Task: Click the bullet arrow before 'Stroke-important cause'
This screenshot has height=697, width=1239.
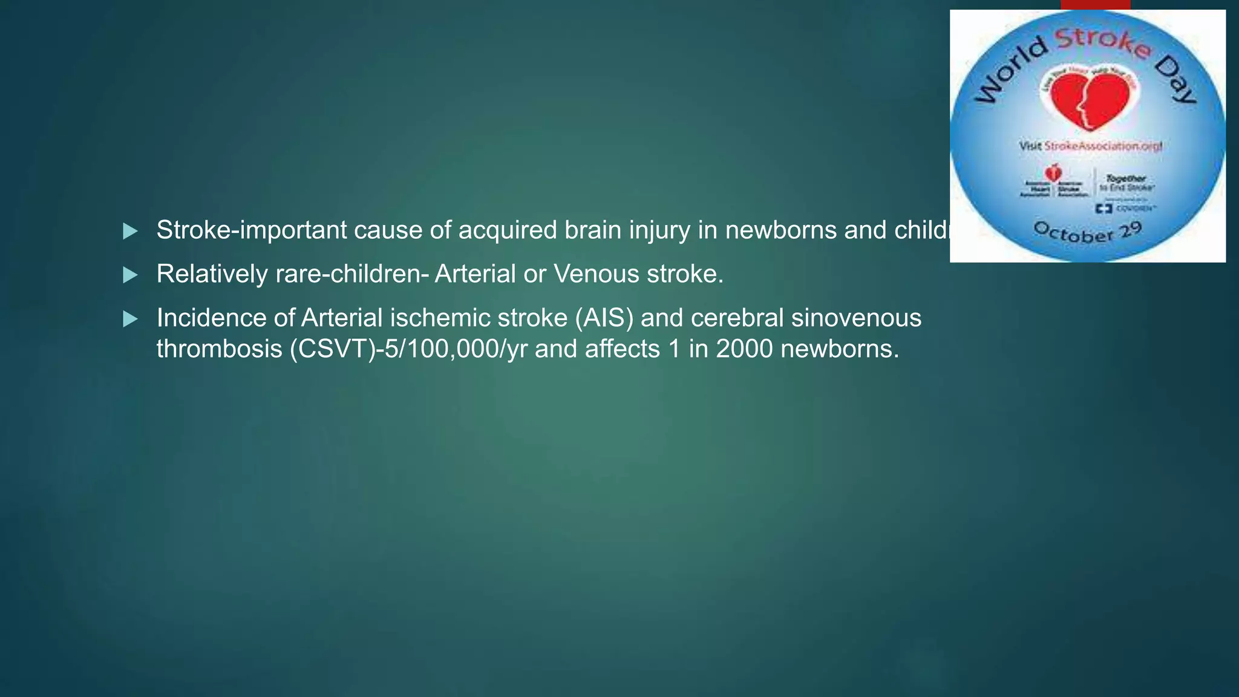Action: pyautogui.click(x=130, y=231)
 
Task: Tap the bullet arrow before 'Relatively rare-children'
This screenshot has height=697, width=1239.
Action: pyautogui.click(x=130, y=275)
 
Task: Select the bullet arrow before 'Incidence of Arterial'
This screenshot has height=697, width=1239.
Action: pyautogui.click(x=130, y=319)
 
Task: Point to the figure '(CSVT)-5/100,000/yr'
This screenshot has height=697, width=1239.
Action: pyautogui.click(x=408, y=349)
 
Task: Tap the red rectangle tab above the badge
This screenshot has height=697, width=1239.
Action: pyautogui.click(x=1095, y=4)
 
